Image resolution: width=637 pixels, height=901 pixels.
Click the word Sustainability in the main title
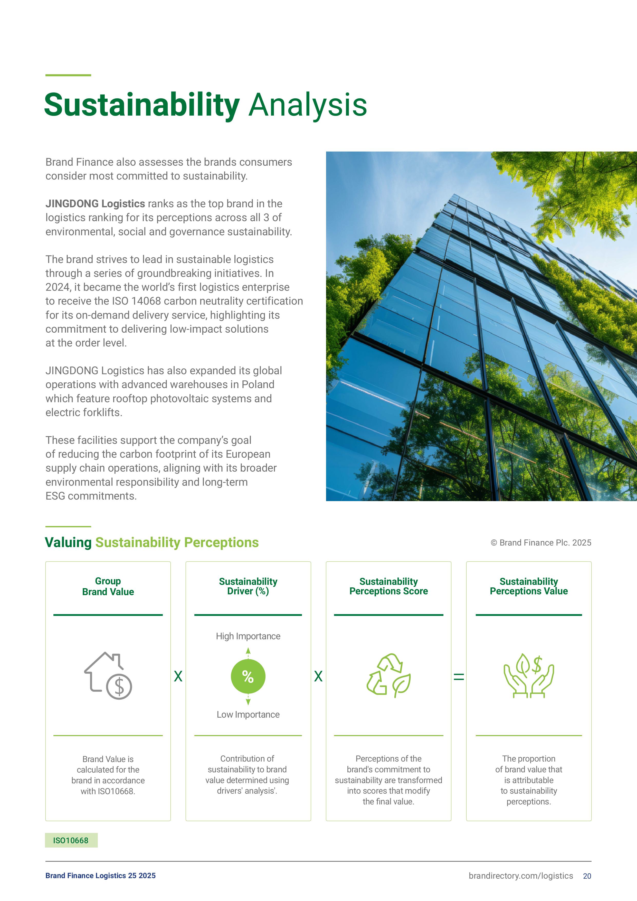tap(142, 105)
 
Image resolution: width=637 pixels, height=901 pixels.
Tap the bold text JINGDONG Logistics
tap(95, 204)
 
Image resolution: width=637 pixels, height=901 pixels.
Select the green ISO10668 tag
tap(71, 840)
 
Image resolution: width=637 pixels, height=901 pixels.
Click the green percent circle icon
tap(248, 676)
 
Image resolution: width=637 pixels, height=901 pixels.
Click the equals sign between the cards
tap(459, 677)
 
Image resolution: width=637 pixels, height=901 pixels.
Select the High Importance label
tap(248, 636)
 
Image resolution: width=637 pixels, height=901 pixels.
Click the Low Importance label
tap(248, 714)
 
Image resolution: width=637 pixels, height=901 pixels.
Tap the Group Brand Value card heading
tap(108, 586)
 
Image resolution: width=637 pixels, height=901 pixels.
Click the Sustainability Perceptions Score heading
tap(388, 586)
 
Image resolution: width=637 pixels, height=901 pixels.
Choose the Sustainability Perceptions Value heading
tap(528, 586)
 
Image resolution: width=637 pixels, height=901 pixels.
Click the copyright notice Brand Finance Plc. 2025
tap(541, 543)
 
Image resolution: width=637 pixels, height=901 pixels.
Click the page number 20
tap(587, 876)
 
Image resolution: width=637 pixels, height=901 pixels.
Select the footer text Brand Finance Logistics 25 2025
tap(100, 876)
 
